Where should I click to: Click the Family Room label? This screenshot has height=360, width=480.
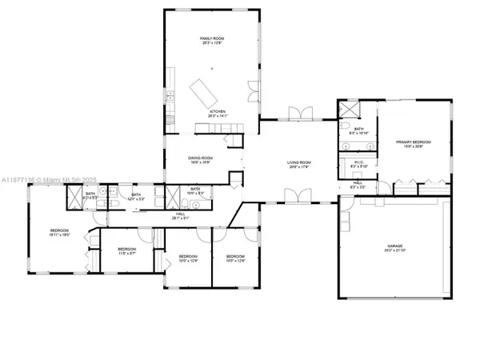[211, 40]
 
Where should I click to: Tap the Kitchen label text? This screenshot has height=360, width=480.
[218, 113]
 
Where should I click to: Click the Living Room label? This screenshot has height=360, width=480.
[299, 165]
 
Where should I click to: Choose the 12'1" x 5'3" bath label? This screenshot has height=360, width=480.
[136, 196]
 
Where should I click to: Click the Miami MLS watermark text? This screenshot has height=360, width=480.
[48, 178]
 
